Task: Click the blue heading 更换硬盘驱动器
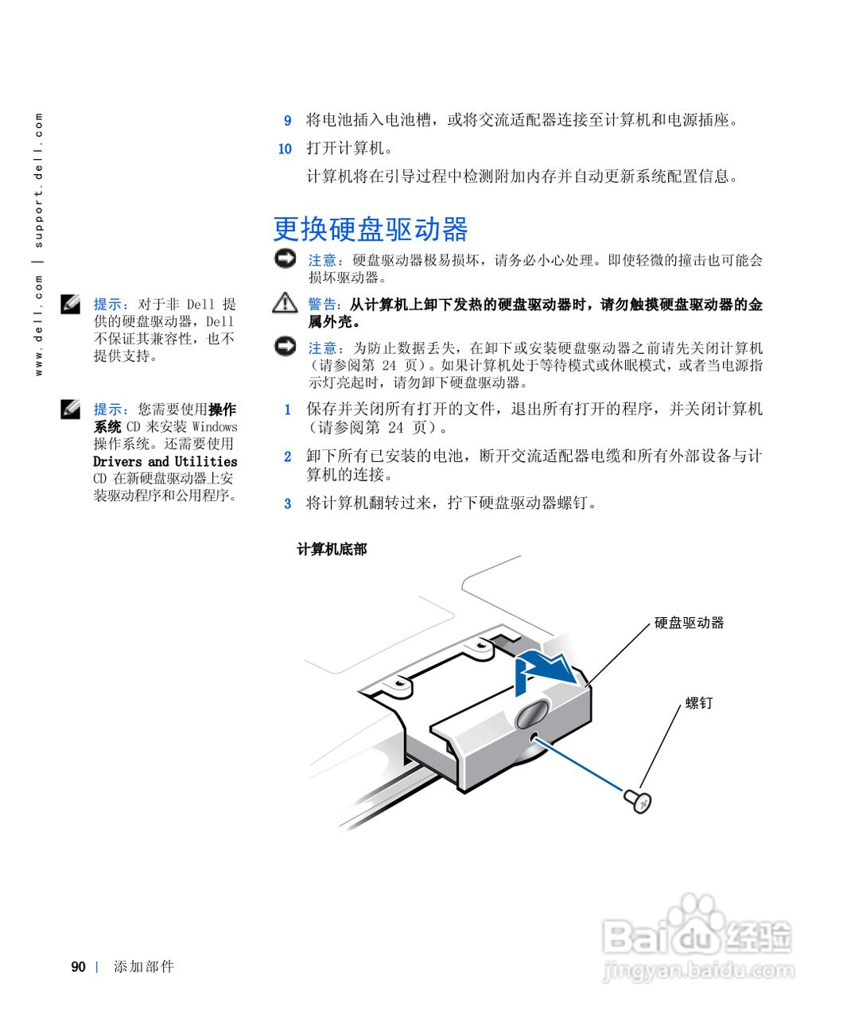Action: pos(371,229)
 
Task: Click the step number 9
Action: pos(288,121)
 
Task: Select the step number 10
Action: pos(286,149)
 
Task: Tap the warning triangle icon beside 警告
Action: pos(284,303)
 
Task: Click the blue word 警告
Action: pos(323,305)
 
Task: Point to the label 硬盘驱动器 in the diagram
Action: pos(689,623)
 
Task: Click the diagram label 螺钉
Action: pos(699,703)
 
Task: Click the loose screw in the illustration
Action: pos(636,799)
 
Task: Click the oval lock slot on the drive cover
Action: pos(530,713)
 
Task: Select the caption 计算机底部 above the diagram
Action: pos(332,550)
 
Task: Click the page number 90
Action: pos(78,967)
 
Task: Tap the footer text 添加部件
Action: pos(143,967)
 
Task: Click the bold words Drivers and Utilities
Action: pos(165,461)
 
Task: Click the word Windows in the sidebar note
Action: pos(215,426)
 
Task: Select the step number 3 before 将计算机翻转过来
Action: pos(288,503)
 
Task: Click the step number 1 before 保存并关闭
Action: pos(288,410)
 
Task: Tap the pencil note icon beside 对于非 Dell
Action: pos(71,303)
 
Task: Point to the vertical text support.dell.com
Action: pos(39,180)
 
